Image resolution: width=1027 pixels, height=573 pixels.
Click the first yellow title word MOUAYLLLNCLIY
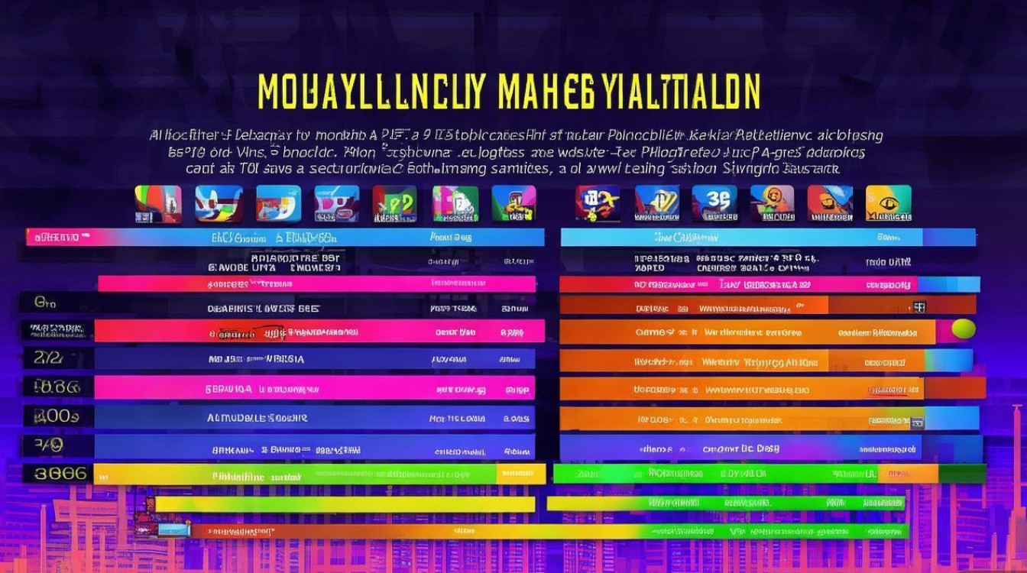(371, 92)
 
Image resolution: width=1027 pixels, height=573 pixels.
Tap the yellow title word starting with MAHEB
(629, 92)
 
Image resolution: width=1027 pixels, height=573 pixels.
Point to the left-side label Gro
(45, 303)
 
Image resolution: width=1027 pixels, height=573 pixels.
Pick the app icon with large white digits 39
(714, 202)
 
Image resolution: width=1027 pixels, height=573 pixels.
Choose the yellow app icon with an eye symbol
(888, 203)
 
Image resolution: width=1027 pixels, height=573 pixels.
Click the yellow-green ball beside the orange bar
(963, 329)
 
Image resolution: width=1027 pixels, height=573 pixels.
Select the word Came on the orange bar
(650, 332)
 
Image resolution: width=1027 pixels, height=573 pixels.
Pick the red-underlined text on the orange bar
(887, 390)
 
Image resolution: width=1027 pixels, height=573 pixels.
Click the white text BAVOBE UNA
(241, 268)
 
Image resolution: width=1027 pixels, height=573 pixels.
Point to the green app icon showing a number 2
(394, 203)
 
